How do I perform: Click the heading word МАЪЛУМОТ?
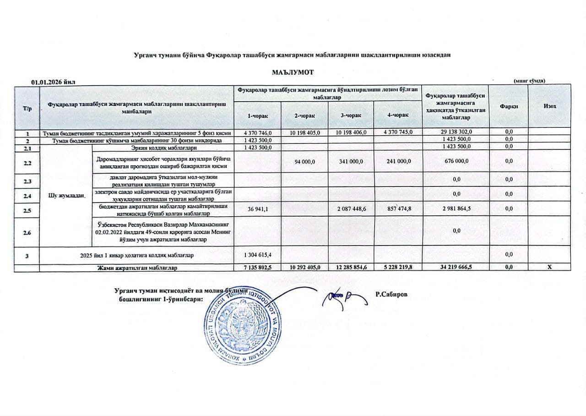click(293, 73)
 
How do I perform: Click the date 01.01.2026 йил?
click(53, 82)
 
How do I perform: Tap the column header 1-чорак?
click(257, 115)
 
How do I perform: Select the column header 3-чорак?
click(351, 115)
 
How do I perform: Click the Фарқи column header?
click(509, 106)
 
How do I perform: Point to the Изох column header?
click(550, 106)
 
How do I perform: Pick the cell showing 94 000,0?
click(304, 161)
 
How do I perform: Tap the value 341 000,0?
click(351, 161)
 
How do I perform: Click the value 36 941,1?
click(257, 209)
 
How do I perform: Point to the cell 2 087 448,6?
click(351, 209)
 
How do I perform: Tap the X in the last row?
click(550, 268)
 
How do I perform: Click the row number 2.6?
click(27, 233)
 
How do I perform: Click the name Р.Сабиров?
click(391, 294)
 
